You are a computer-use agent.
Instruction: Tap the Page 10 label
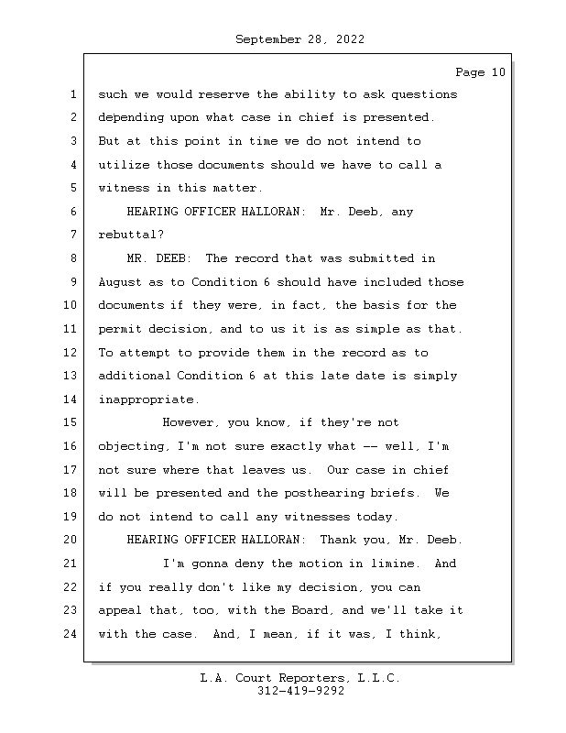pyautogui.click(x=479, y=72)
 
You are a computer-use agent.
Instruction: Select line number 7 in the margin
pyautogui.click(x=72, y=235)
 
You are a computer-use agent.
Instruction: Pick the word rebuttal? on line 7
pyautogui.click(x=130, y=235)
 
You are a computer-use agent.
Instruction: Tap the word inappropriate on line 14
pyautogui.click(x=147, y=399)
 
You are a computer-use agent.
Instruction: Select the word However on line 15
pyautogui.click(x=190, y=423)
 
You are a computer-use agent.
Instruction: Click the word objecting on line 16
pyautogui.click(x=130, y=446)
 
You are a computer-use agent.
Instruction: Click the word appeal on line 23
pyautogui.click(x=119, y=611)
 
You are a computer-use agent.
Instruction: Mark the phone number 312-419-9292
pyautogui.click(x=300, y=692)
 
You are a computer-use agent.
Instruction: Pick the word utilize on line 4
pyautogui.click(x=123, y=165)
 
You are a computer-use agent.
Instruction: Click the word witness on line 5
pyautogui.click(x=123, y=188)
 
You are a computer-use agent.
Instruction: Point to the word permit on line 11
pyautogui.click(x=119, y=329)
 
